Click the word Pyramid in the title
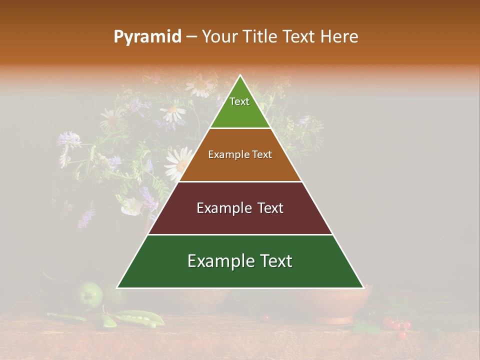147,37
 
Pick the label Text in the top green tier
239,101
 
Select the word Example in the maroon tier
224,208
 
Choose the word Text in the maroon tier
270,208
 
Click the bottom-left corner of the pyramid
117,287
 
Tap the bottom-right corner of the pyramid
363,287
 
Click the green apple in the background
91,295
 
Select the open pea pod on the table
135,317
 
